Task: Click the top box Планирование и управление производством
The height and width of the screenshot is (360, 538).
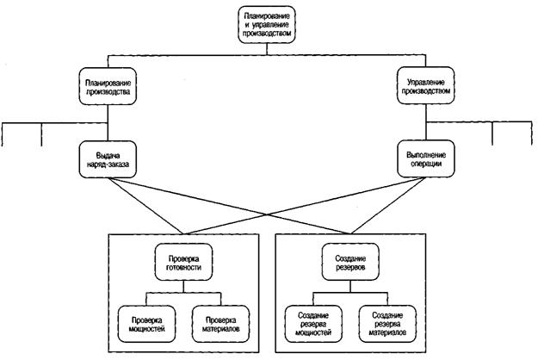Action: point(267,25)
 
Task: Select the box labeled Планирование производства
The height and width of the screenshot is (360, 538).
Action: point(108,86)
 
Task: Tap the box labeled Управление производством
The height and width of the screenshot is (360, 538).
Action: point(426,86)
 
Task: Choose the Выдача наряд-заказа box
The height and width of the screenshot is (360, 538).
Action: point(108,159)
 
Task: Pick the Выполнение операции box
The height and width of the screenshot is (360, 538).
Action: point(426,158)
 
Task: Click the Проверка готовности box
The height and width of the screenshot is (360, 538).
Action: point(183,262)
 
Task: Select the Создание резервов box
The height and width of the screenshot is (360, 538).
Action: point(350,262)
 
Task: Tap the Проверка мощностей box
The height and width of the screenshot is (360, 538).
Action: point(146,324)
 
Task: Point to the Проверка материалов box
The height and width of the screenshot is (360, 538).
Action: point(220,324)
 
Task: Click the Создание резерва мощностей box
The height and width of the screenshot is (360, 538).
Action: point(313,324)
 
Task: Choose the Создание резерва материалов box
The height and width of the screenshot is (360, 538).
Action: point(387,324)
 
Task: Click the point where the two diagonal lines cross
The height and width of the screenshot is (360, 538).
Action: point(267,214)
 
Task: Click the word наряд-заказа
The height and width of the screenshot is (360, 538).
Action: point(108,164)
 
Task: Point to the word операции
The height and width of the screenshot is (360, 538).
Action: point(426,164)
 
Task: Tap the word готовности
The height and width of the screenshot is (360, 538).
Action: point(183,267)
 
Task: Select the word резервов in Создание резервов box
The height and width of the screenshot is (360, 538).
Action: point(350,267)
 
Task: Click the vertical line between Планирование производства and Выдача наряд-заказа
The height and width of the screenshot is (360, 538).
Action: point(108,123)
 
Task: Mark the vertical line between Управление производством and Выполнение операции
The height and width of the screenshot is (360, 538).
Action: point(426,122)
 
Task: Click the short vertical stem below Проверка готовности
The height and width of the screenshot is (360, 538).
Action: point(183,287)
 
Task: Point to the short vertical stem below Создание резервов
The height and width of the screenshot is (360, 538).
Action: point(350,287)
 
